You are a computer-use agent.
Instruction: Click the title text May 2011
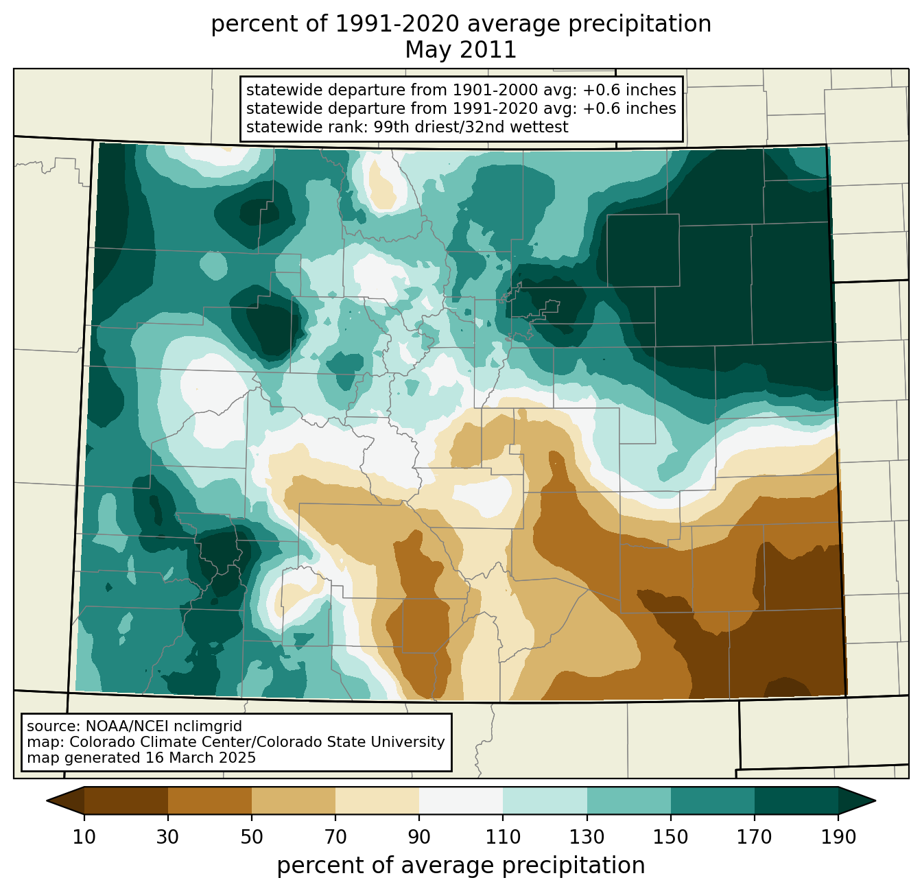tap(460, 50)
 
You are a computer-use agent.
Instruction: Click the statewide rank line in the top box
tap(407, 127)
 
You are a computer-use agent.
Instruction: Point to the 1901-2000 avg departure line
tap(461, 90)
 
